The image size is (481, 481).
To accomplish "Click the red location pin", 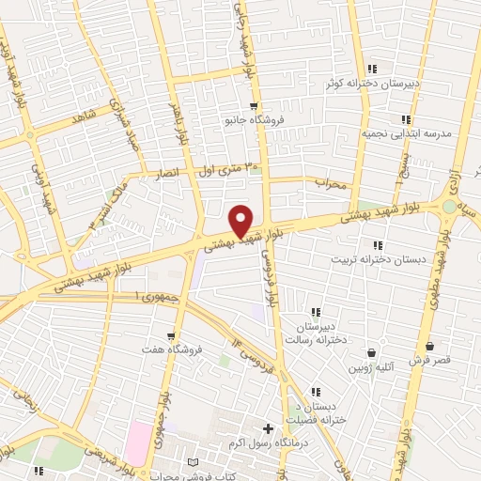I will pyautogui.click(x=241, y=220).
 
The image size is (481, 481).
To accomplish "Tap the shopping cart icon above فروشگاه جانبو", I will pyautogui.click(x=254, y=106).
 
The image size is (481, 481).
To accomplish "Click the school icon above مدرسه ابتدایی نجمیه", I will pyautogui.click(x=406, y=119).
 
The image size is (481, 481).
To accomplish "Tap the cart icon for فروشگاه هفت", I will pyautogui.click(x=170, y=335).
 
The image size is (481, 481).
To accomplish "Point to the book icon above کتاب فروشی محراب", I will pyautogui.click(x=193, y=463).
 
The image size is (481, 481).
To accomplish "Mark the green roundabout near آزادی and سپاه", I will pyautogui.click(x=449, y=207).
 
